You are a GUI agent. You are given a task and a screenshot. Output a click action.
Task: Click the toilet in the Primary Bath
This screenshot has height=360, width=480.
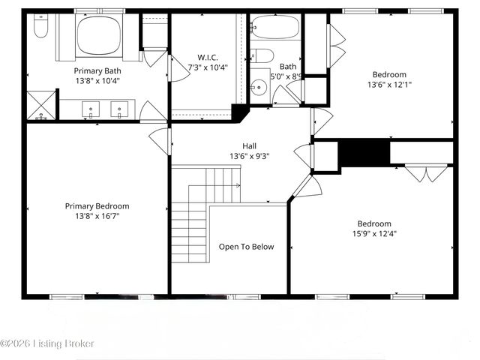[x=42, y=28]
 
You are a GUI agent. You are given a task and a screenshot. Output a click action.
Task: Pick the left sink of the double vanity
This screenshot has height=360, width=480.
[x=91, y=109]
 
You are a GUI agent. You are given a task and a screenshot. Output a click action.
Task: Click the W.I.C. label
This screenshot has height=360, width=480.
[x=208, y=57]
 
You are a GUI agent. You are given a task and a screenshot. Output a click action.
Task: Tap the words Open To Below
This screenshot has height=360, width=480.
[x=246, y=247]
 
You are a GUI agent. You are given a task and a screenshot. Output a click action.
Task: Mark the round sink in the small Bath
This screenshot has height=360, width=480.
[x=259, y=86]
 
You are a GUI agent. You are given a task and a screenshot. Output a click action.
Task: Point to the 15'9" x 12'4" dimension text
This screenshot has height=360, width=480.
[x=373, y=233]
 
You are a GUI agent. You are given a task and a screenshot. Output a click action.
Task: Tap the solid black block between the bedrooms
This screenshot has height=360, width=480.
[x=364, y=153]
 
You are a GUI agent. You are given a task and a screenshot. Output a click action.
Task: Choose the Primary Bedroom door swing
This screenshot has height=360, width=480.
[x=160, y=140]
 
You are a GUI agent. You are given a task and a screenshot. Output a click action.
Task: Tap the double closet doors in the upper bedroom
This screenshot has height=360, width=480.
[x=337, y=45]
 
